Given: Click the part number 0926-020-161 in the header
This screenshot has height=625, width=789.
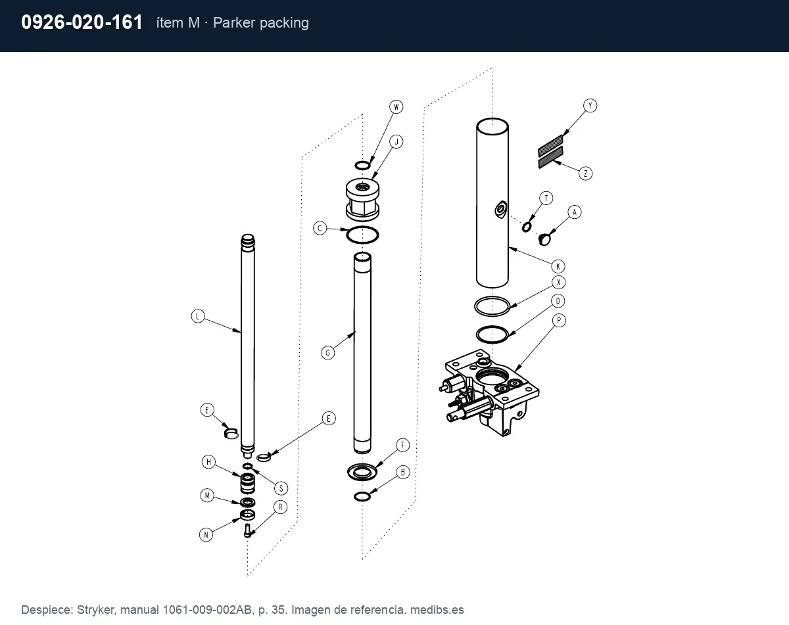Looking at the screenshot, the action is click(x=82, y=22).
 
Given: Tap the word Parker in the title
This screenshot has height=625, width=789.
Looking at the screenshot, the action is click(x=234, y=23).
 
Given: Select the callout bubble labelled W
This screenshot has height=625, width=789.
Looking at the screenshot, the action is click(x=396, y=107).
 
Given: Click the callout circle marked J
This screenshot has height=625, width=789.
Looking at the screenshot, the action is click(x=396, y=141).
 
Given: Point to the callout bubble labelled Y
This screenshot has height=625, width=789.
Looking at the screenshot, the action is click(x=590, y=106).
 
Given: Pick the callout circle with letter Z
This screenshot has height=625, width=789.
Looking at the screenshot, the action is click(x=586, y=174).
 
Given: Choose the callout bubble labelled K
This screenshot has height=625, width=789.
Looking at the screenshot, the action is click(x=558, y=266).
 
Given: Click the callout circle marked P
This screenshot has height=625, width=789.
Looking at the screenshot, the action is click(x=559, y=320).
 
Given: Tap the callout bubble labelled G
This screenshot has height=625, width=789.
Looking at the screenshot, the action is click(x=328, y=353).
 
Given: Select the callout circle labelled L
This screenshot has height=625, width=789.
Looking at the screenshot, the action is click(x=198, y=316).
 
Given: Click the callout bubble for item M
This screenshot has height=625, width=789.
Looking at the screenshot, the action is click(x=207, y=496).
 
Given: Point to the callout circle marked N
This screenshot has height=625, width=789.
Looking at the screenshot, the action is click(x=206, y=535).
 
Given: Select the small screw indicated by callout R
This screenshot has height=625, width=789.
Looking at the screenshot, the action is click(x=247, y=531).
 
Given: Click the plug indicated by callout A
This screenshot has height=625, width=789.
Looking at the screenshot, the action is click(x=545, y=240).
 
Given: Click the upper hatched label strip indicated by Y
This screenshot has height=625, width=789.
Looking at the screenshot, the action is click(x=550, y=145).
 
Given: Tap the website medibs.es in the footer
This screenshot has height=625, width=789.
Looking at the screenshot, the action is click(x=437, y=610).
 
